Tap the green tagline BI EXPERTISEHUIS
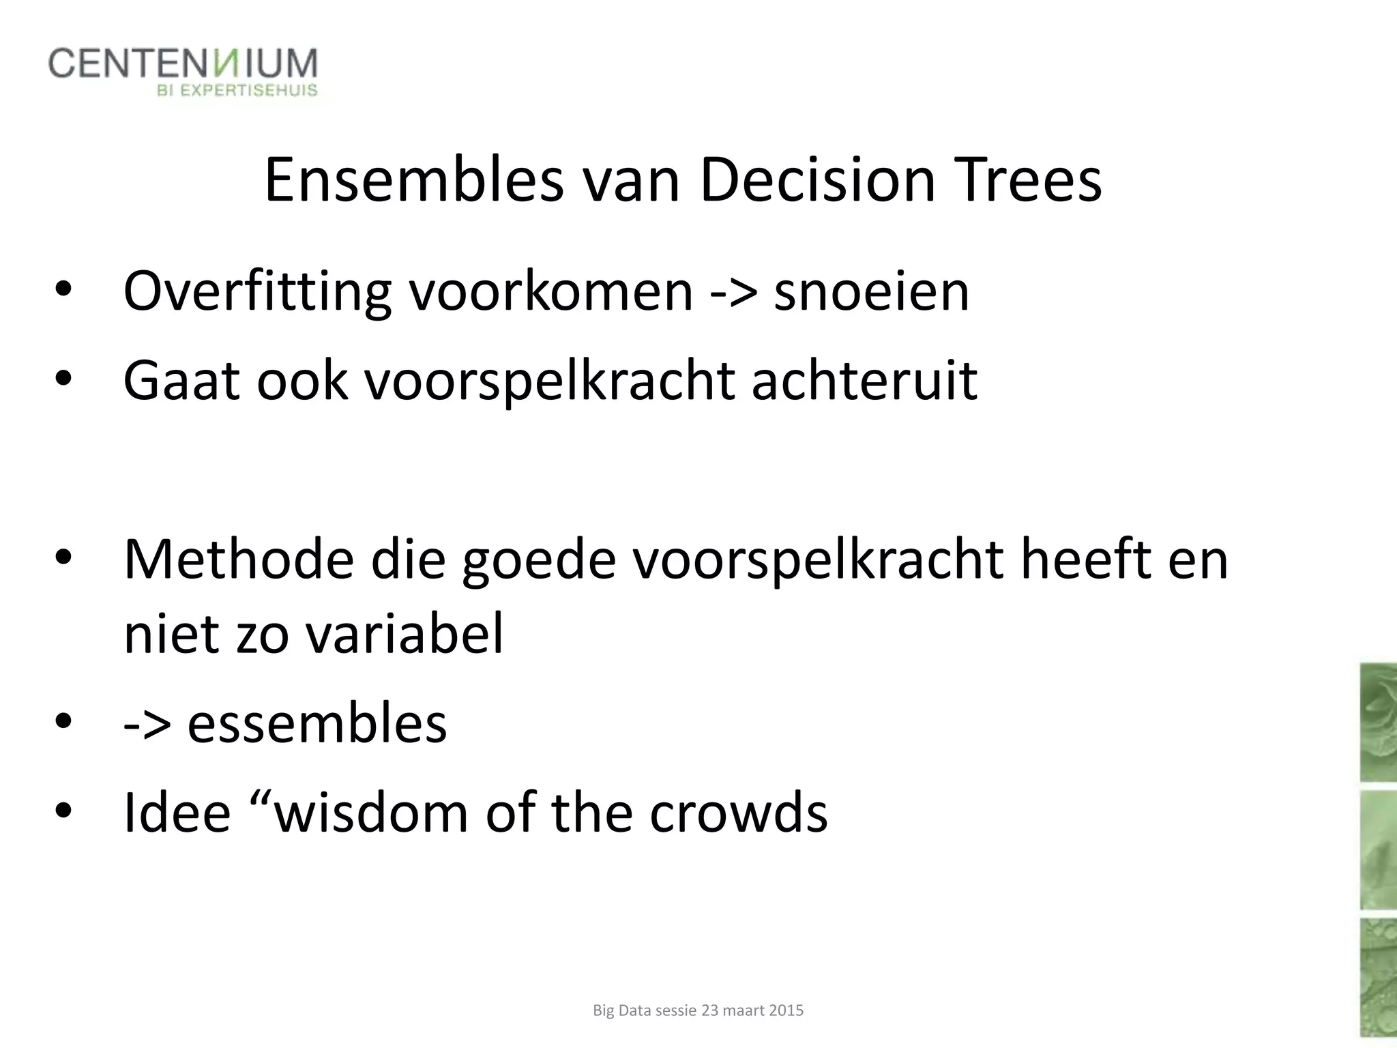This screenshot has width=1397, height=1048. point(237,90)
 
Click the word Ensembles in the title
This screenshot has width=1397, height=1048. point(413,180)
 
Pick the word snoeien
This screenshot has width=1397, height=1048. point(871,292)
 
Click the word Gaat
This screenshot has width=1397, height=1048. point(181,380)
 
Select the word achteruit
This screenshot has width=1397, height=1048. point(864,380)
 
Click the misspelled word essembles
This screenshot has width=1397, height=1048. point(317,724)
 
